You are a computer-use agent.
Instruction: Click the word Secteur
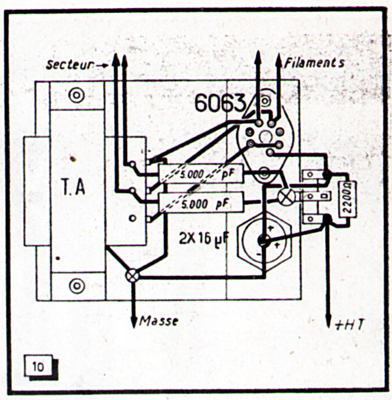(x=69, y=64)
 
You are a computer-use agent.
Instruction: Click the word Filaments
(x=314, y=63)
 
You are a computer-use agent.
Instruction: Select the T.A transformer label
(x=73, y=188)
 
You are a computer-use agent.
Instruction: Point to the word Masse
(x=159, y=321)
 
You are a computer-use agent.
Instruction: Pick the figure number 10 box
(x=38, y=367)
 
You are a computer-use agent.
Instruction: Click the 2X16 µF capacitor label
(x=201, y=240)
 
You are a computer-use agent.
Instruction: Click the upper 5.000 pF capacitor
(x=201, y=174)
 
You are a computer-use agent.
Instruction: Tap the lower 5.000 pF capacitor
(x=201, y=203)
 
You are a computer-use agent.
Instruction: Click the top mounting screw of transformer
(x=76, y=95)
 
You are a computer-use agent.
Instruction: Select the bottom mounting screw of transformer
(x=76, y=285)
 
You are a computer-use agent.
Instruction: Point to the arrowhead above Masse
(x=133, y=322)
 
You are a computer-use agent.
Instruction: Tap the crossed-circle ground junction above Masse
(x=132, y=276)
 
